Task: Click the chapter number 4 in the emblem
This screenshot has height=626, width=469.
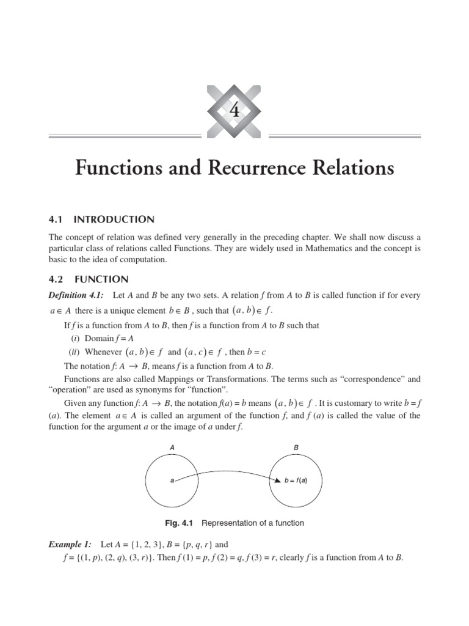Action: pos(235,111)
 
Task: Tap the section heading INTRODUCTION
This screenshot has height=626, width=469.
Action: pos(114,219)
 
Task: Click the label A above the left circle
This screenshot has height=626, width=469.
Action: pos(172,447)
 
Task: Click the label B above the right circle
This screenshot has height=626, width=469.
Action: pos(296,447)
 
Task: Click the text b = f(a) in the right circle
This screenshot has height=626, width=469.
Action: pos(296,481)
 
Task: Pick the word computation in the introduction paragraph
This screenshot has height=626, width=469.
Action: pos(139,259)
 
